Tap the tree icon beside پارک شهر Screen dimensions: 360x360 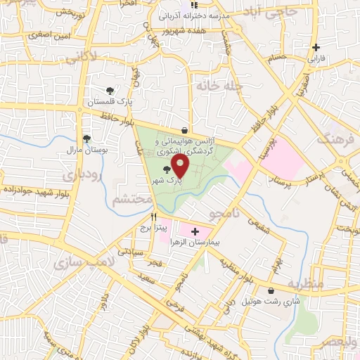(167, 169)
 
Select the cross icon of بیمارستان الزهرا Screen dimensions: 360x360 (195, 231)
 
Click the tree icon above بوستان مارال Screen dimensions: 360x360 (86, 139)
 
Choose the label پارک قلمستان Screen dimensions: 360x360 (109, 102)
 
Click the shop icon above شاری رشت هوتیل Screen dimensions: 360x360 (271, 290)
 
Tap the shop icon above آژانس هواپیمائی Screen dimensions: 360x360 (184, 130)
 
